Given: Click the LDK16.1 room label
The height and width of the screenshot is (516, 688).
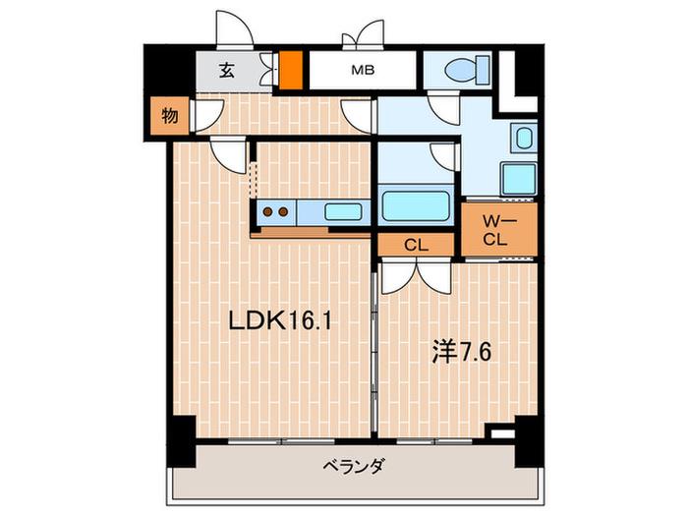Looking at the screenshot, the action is (279, 322).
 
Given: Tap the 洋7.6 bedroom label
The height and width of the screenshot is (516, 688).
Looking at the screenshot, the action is (461, 352).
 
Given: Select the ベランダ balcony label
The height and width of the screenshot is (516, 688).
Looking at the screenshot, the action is (354, 465).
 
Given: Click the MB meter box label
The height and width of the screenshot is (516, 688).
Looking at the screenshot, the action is (363, 70).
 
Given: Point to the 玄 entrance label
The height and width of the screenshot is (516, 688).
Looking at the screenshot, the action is (226, 70).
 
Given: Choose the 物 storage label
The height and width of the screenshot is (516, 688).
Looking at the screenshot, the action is (169, 116).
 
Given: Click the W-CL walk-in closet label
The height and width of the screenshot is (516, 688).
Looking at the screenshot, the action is (496, 230).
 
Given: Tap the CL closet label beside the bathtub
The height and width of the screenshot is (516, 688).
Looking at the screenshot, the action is (416, 246).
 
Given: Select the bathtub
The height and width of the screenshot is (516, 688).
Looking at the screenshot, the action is (416, 205).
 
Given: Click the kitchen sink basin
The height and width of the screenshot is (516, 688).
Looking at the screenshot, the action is (343, 212).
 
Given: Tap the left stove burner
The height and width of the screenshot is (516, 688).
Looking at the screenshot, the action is (267, 212).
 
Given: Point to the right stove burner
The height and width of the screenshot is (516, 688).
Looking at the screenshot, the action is (283, 212).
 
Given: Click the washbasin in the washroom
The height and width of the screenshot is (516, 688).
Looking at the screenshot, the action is (524, 138).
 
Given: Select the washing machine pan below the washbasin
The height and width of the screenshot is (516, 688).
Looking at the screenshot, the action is (519, 179).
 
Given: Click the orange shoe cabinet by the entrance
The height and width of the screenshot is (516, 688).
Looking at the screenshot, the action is (291, 70).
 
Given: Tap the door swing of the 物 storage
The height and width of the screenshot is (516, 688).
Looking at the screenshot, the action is (208, 116).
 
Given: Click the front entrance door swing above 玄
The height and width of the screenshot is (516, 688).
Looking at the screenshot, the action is (235, 29).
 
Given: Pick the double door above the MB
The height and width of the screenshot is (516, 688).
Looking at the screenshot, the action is (364, 32).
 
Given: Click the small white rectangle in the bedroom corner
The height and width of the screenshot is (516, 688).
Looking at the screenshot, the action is (502, 434).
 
